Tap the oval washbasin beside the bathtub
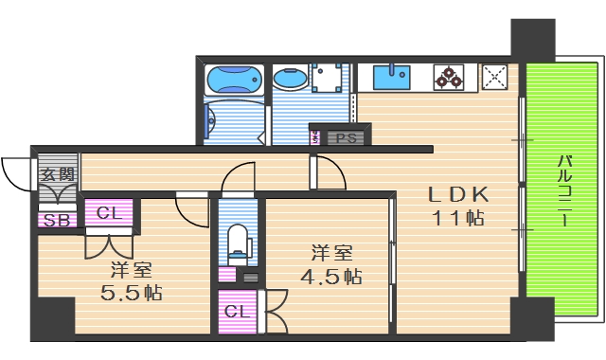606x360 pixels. tap(286, 77)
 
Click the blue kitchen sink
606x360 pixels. tap(391, 76)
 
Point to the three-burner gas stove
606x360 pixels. tap(449, 77)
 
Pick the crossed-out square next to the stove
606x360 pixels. tap(495, 77)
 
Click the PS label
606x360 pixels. tap(347, 137)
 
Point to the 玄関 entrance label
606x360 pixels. tap(57, 174)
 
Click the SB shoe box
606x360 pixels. tap(57, 220)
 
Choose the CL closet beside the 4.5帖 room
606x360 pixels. tap(237, 312)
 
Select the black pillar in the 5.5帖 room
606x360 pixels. tap(56, 315)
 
